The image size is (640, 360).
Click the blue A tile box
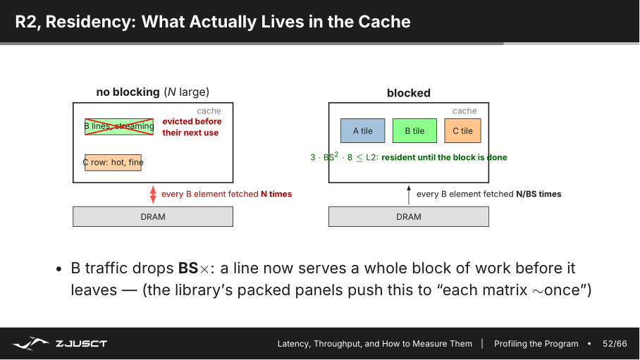[x=363, y=130]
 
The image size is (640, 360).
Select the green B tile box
[x=414, y=130]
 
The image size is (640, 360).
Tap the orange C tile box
[x=462, y=130]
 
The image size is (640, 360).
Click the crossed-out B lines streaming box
[x=119, y=127]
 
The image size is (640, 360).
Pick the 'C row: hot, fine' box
[x=113, y=163]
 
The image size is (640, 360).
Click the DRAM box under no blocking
[x=153, y=217]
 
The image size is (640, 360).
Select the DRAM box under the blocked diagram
[x=409, y=217]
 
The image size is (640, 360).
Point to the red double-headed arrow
[x=153, y=194]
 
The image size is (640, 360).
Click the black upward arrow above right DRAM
[x=409, y=194]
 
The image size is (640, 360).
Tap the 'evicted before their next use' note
[x=192, y=127]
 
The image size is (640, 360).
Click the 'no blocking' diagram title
[x=153, y=92]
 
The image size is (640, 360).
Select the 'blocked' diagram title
[x=409, y=93]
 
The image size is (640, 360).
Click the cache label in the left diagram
[x=209, y=111]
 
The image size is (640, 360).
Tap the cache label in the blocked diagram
[x=464, y=111]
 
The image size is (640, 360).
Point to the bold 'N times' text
[x=276, y=194]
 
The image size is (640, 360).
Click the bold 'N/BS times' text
[x=539, y=194]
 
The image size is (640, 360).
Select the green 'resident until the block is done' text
[x=445, y=158]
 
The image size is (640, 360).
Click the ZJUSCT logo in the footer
[x=60, y=344]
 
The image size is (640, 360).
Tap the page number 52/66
[x=615, y=344]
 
